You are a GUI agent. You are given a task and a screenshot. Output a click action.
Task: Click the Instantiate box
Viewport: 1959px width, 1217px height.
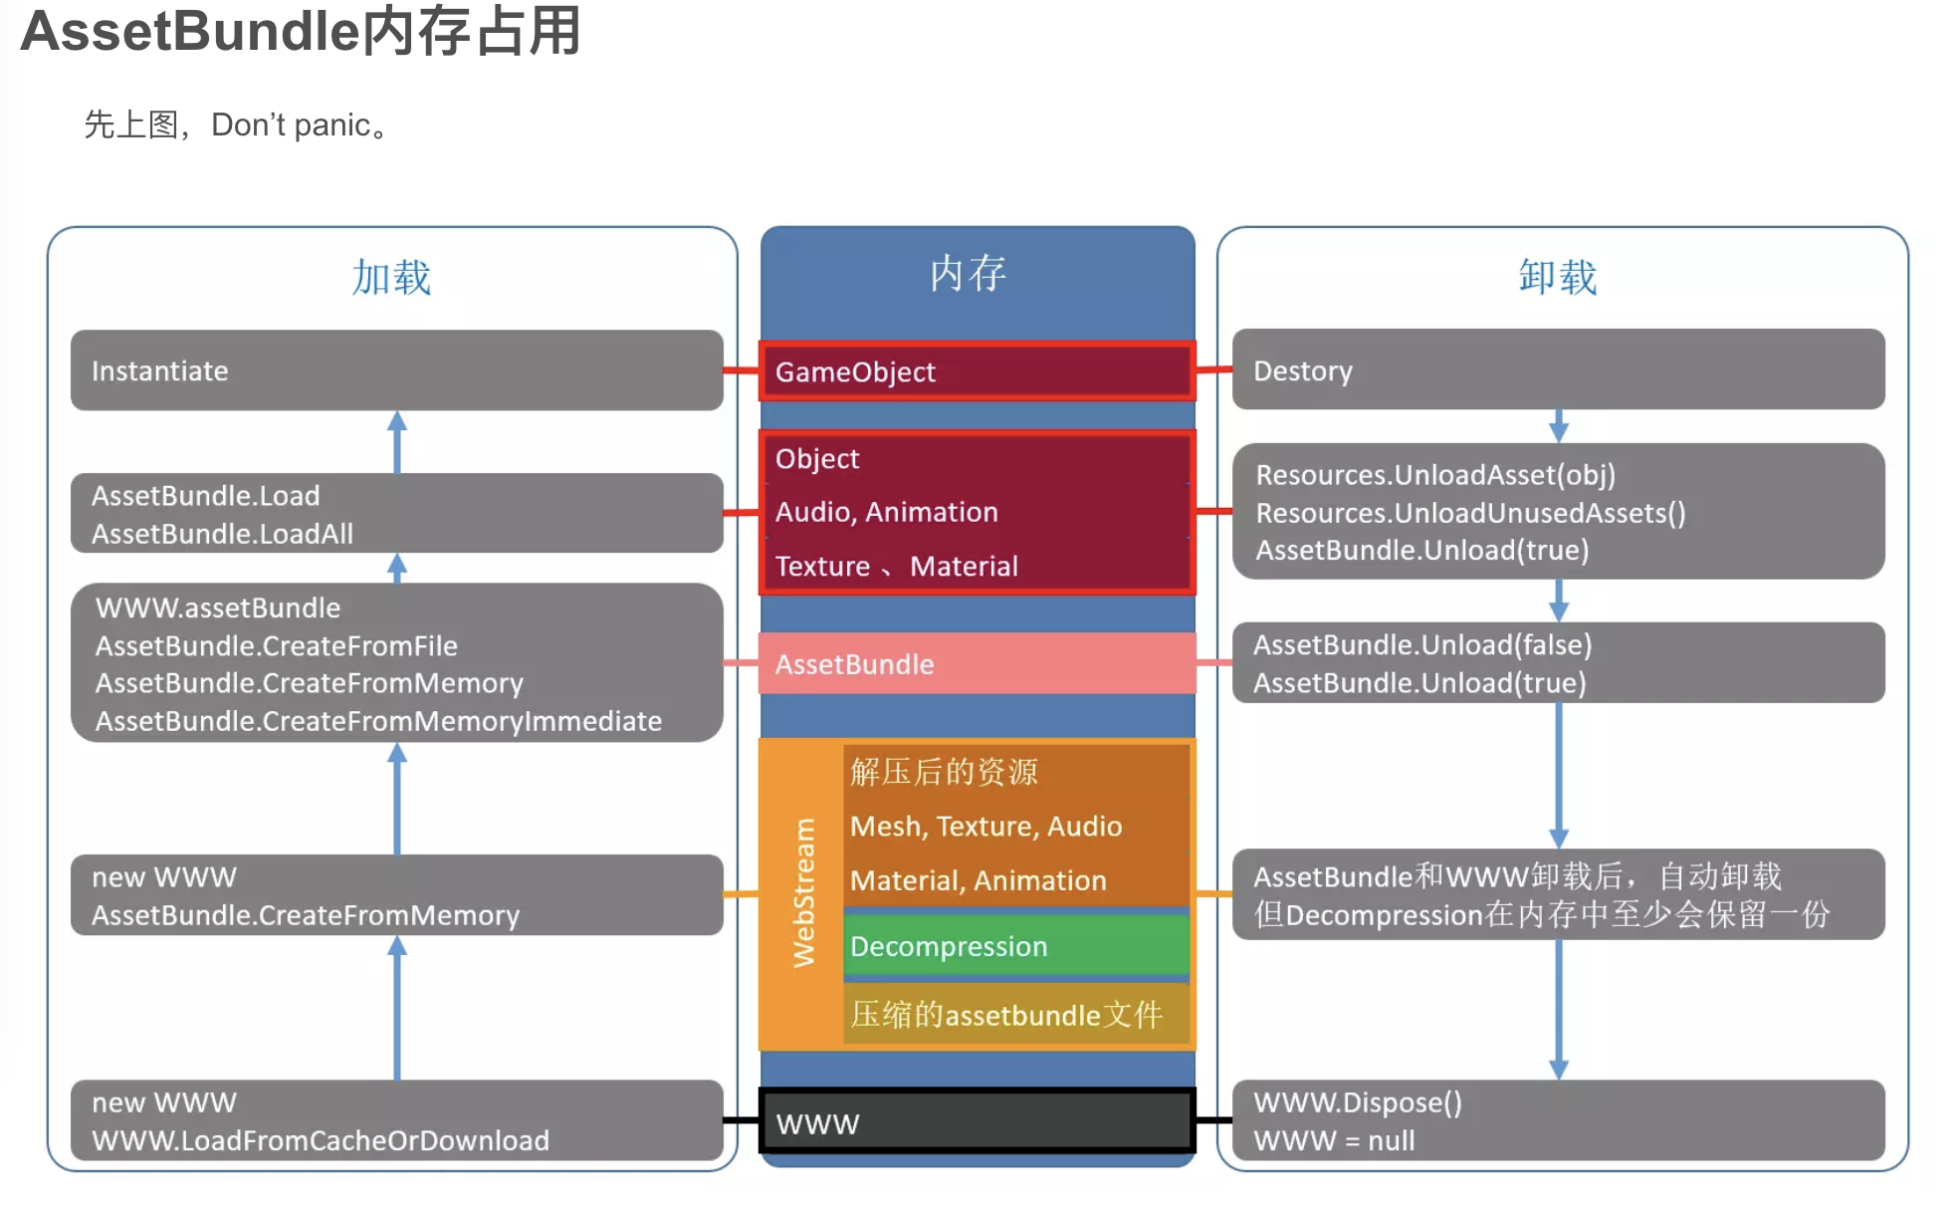point(396,370)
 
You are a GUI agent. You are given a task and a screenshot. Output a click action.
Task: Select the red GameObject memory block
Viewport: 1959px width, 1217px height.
point(977,371)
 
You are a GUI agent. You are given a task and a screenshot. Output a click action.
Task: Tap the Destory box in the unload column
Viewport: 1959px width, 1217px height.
point(1558,370)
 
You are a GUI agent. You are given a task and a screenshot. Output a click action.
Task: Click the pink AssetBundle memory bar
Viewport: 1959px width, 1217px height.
point(977,663)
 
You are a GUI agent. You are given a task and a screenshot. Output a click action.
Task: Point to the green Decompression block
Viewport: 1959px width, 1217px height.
point(1015,945)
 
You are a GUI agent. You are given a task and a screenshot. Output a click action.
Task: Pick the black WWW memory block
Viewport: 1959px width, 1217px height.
point(977,1122)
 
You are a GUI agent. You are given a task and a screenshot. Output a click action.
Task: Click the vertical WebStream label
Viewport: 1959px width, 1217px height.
point(803,892)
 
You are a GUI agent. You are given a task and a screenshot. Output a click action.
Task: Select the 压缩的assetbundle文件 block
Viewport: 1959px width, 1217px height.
point(1015,1015)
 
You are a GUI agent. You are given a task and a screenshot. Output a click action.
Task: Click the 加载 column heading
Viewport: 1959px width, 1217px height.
point(391,278)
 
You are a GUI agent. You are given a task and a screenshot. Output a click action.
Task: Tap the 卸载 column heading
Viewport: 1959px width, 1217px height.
point(1558,278)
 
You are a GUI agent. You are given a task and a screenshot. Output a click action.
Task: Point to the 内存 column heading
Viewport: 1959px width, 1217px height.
point(968,274)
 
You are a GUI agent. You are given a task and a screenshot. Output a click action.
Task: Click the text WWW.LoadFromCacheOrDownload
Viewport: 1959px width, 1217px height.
point(321,1140)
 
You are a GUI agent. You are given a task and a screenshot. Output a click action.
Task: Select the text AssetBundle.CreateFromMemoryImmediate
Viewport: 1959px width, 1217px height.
point(378,721)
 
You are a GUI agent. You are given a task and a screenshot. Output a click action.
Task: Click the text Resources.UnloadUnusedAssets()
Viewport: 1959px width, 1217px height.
point(1470,513)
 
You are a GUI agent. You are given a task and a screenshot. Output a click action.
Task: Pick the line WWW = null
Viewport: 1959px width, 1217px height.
point(1334,1140)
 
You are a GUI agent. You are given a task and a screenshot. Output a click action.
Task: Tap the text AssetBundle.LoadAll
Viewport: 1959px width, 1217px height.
point(222,534)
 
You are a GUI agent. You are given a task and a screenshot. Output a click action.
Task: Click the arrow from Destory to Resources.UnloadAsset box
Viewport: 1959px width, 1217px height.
point(1559,426)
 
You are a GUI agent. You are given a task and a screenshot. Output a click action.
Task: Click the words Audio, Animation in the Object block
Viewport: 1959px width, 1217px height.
point(886,512)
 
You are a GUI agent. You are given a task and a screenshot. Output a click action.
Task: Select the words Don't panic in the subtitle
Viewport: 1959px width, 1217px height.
point(291,125)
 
